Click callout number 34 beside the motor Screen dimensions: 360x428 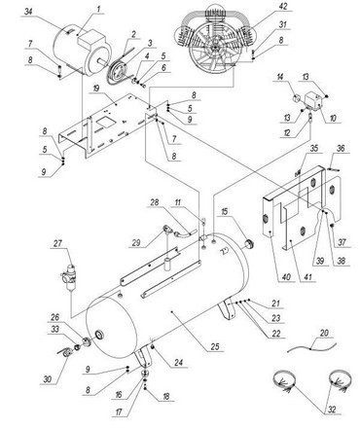(x=28, y=12)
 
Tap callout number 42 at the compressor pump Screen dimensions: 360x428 (x=283, y=7)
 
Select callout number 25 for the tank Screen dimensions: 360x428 (x=214, y=346)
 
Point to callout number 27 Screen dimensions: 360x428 (x=57, y=244)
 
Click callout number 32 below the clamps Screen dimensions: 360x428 (x=332, y=410)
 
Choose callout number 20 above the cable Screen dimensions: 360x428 (x=324, y=333)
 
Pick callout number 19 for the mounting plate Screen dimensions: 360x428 (x=95, y=89)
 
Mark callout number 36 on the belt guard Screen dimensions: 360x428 (x=341, y=149)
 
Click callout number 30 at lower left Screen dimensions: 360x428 (x=48, y=378)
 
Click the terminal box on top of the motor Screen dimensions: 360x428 (x=90, y=38)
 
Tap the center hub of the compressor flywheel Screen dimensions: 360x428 (x=214, y=48)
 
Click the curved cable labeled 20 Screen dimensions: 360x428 (x=312, y=347)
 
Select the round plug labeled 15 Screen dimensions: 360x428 (x=248, y=244)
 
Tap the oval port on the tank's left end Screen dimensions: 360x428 (x=98, y=335)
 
